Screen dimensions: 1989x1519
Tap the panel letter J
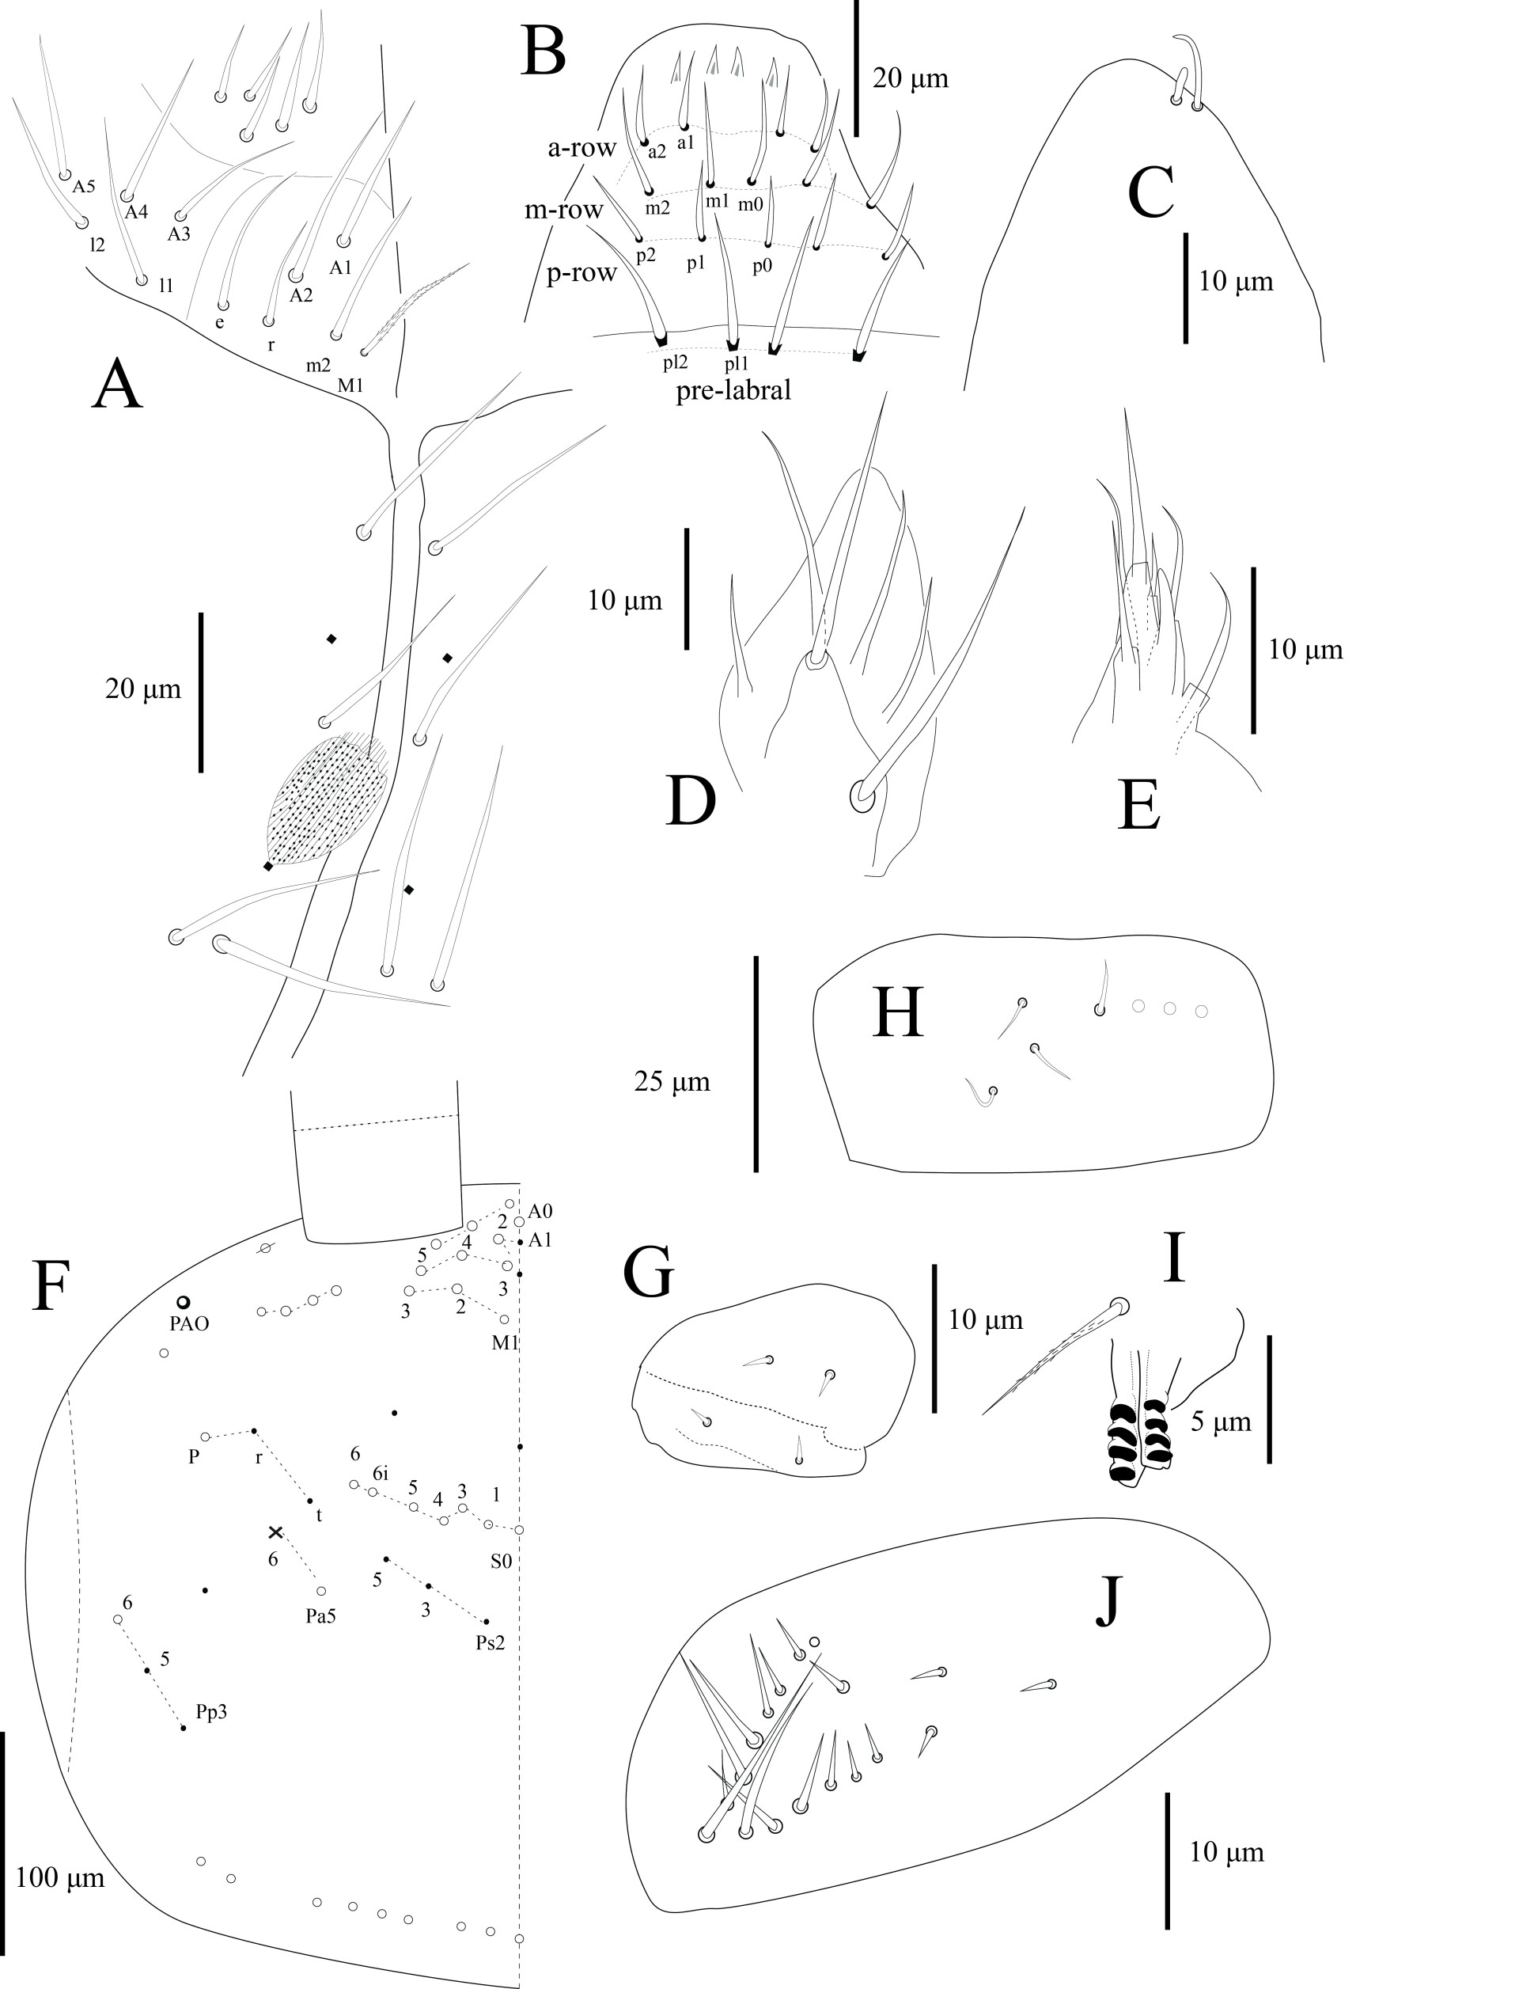click(x=1108, y=1600)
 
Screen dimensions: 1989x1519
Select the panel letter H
click(x=898, y=1012)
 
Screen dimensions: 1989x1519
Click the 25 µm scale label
click(x=672, y=1081)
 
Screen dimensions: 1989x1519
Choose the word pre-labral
click(x=734, y=391)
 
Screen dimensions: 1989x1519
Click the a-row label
click(x=581, y=148)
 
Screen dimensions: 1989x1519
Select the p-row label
click(x=581, y=272)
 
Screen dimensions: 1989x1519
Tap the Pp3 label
click(x=210, y=1712)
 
